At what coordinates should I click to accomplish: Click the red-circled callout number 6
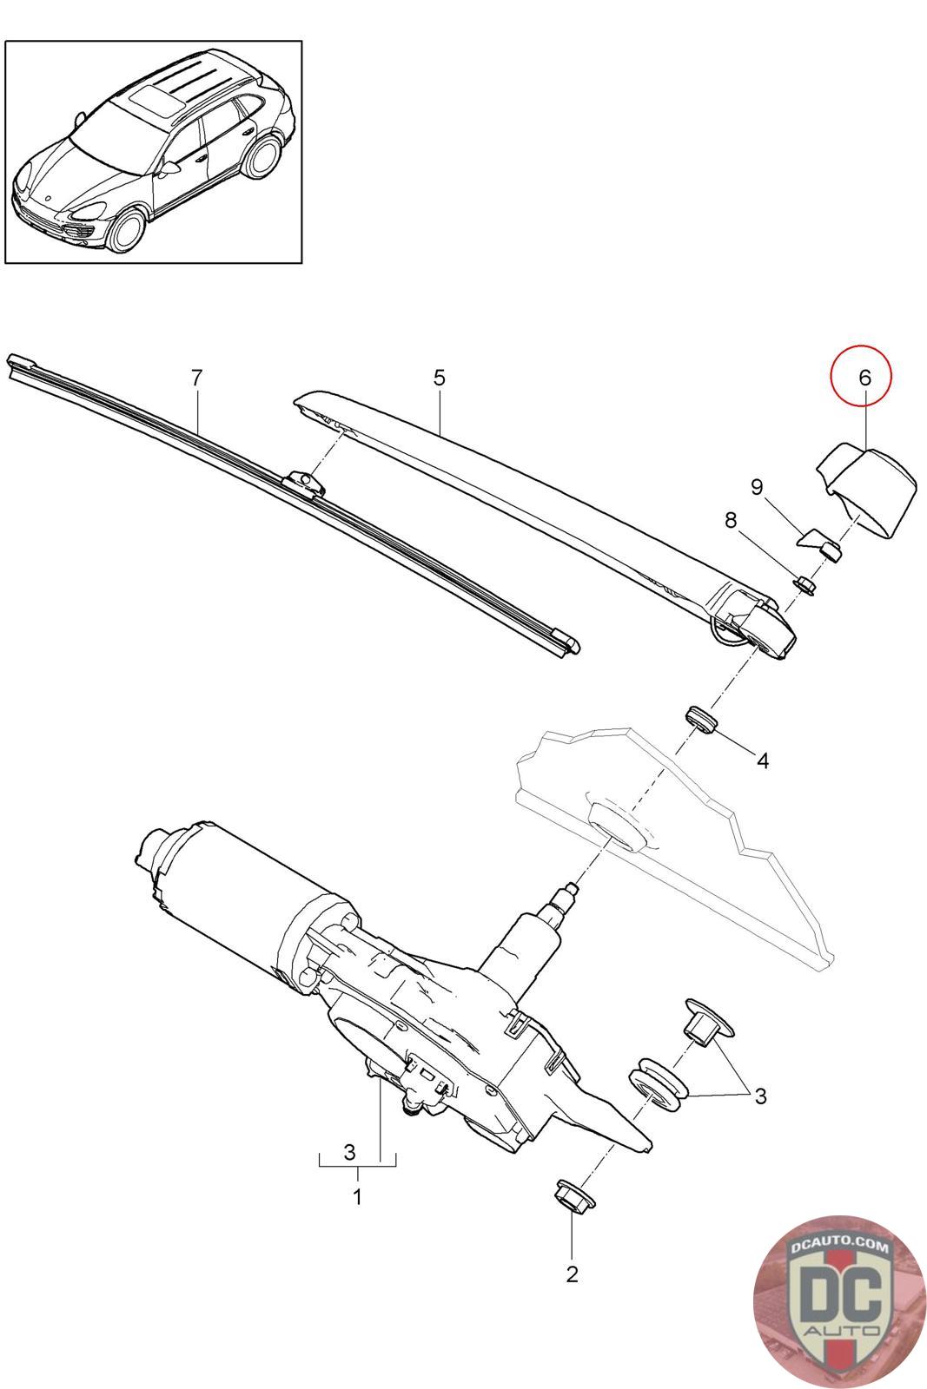coord(863,378)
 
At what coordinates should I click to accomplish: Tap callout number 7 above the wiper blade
coord(196,378)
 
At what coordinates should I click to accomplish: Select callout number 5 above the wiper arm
coord(440,378)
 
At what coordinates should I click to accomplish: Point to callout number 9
coord(757,488)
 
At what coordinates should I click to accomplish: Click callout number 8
coord(731,520)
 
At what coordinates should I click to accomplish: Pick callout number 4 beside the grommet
coord(762,760)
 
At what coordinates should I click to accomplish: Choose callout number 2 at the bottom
coord(571,1274)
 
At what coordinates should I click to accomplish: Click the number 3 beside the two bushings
coord(760,1096)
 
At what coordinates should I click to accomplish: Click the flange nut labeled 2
coord(572,1195)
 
